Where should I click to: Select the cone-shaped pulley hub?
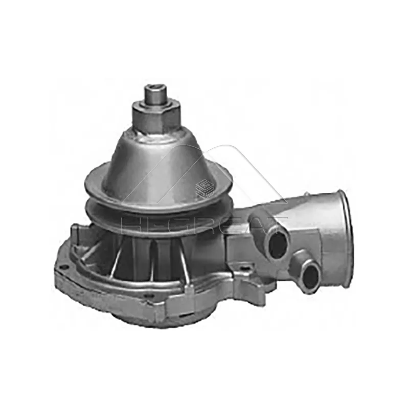pyautogui.click(x=153, y=158)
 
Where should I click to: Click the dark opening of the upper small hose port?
pyautogui.click(x=278, y=245)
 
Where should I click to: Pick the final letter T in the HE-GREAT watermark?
pyautogui.click(x=279, y=225)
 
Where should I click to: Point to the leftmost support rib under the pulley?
pyautogui.click(x=118, y=256)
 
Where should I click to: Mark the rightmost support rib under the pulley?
pyautogui.click(x=182, y=256)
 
